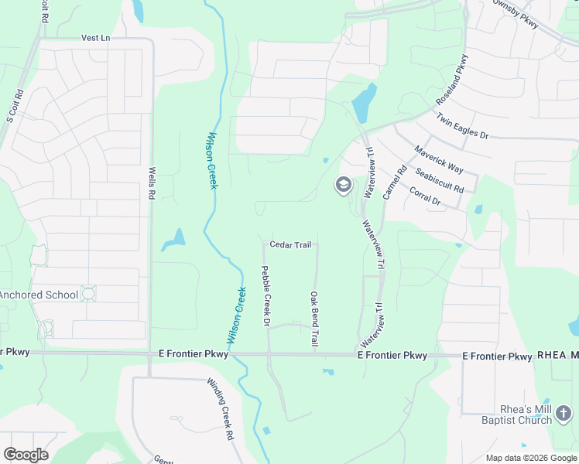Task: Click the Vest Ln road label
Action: (96, 37)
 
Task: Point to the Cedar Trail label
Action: (290, 244)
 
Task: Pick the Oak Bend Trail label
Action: (314, 319)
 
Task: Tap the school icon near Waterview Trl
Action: (343, 186)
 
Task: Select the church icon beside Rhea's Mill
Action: (565, 415)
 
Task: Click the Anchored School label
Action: (39, 295)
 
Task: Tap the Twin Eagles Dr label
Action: (462, 126)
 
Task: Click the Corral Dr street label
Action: (424, 196)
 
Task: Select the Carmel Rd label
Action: (394, 183)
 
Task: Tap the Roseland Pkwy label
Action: (452, 80)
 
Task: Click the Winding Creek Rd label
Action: (220, 409)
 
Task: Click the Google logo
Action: (26, 455)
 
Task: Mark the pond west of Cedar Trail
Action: (173, 241)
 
